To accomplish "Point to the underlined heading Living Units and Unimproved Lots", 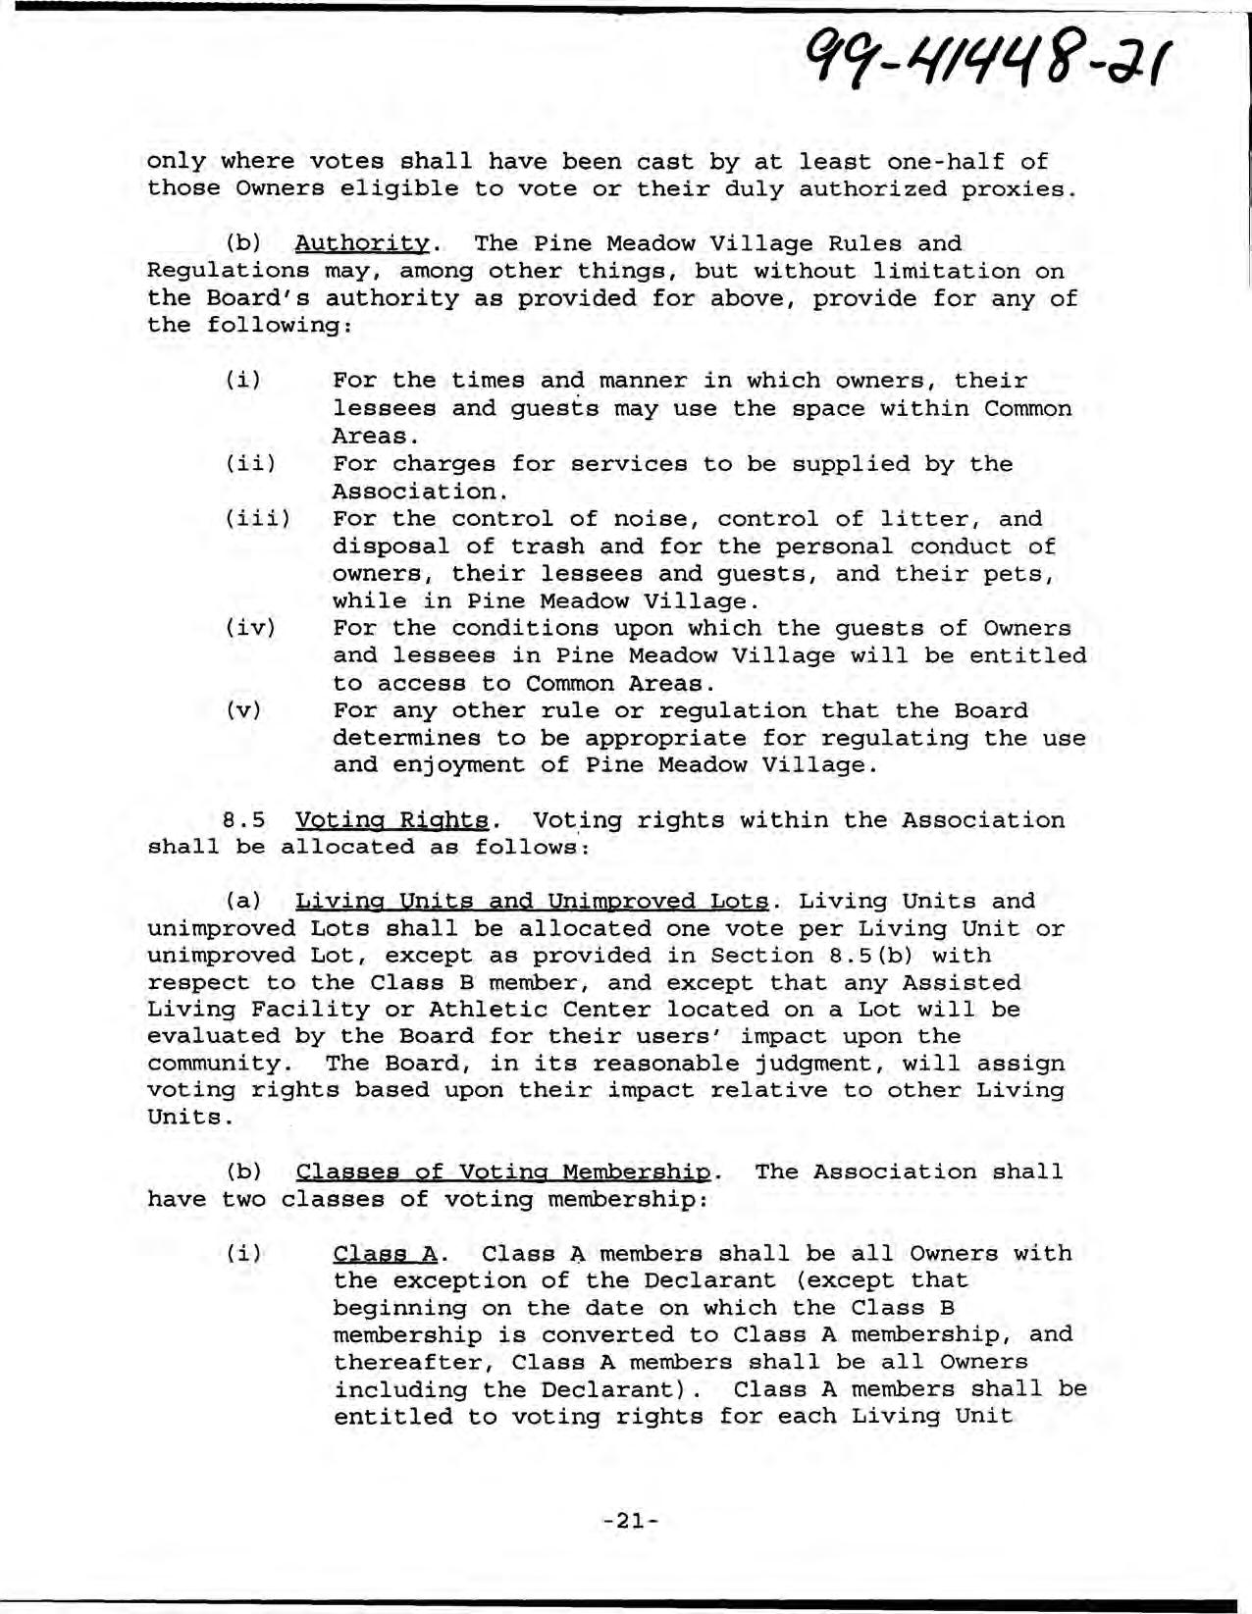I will click(x=532, y=902).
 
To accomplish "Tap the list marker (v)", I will click(x=243, y=711).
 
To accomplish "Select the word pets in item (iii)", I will click(x=1020, y=574).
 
